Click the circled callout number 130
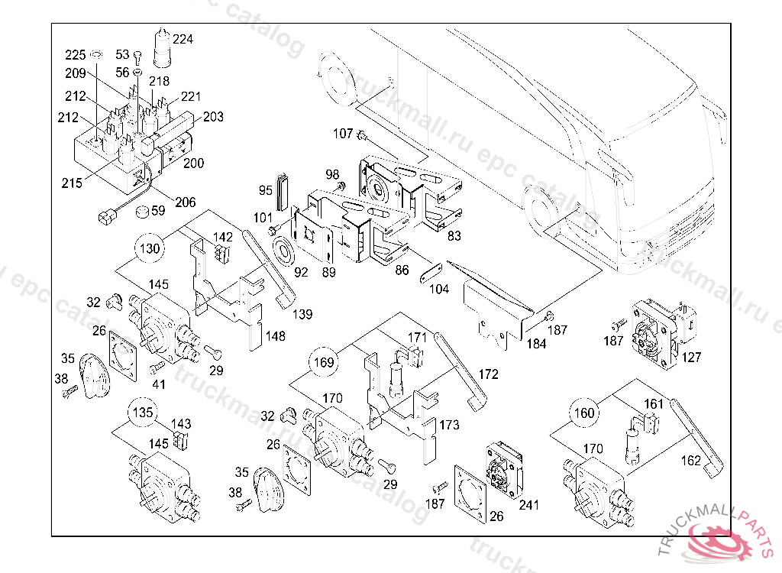[150, 248]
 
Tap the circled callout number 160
[584, 413]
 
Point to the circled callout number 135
[141, 412]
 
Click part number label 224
[183, 39]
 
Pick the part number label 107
[343, 134]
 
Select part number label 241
[528, 505]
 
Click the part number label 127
[692, 356]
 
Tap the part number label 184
[535, 344]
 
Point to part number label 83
[454, 237]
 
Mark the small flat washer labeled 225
[97, 55]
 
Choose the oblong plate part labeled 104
[431, 273]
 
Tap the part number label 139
[302, 315]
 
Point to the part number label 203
[213, 117]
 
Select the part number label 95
[265, 189]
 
